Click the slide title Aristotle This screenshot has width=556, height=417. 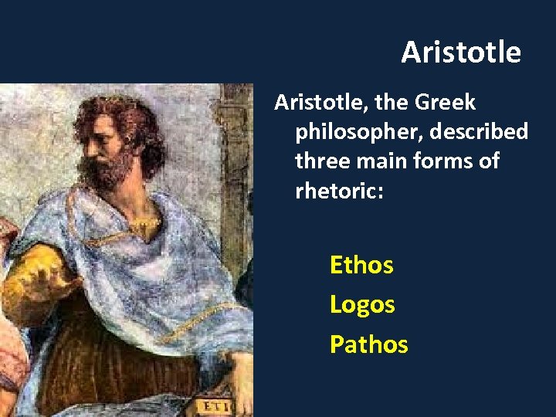point(461,53)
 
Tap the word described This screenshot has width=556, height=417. point(484,132)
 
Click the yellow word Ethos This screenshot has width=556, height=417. point(361,265)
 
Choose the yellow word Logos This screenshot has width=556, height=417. point(362,304)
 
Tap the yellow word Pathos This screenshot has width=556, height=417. point(368,344)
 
